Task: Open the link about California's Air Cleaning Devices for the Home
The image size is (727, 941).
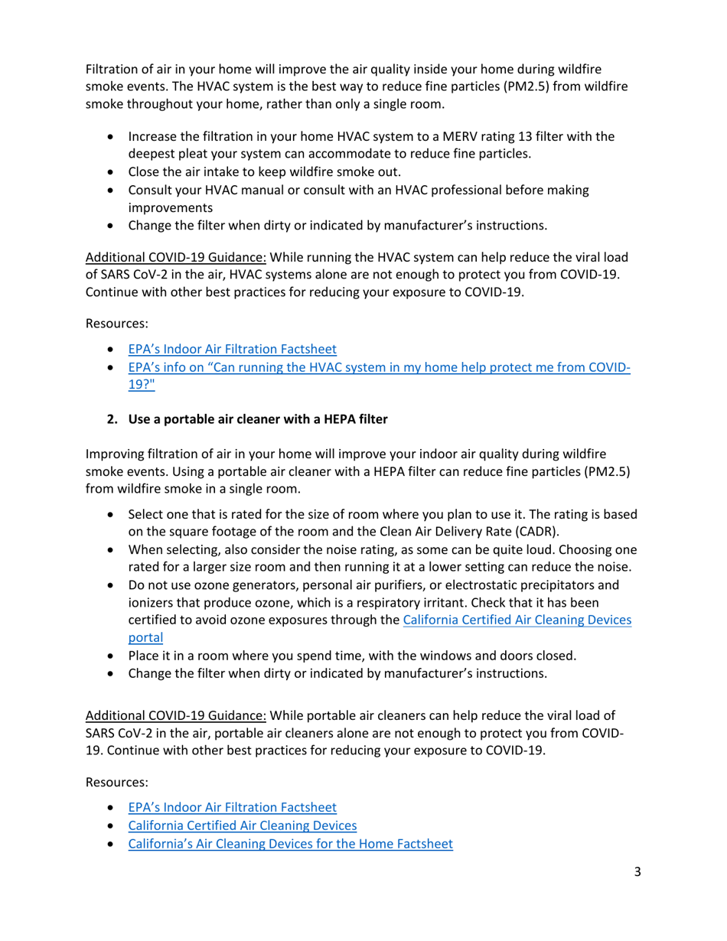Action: point(290,844)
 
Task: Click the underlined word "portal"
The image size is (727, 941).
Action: point(145,637)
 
